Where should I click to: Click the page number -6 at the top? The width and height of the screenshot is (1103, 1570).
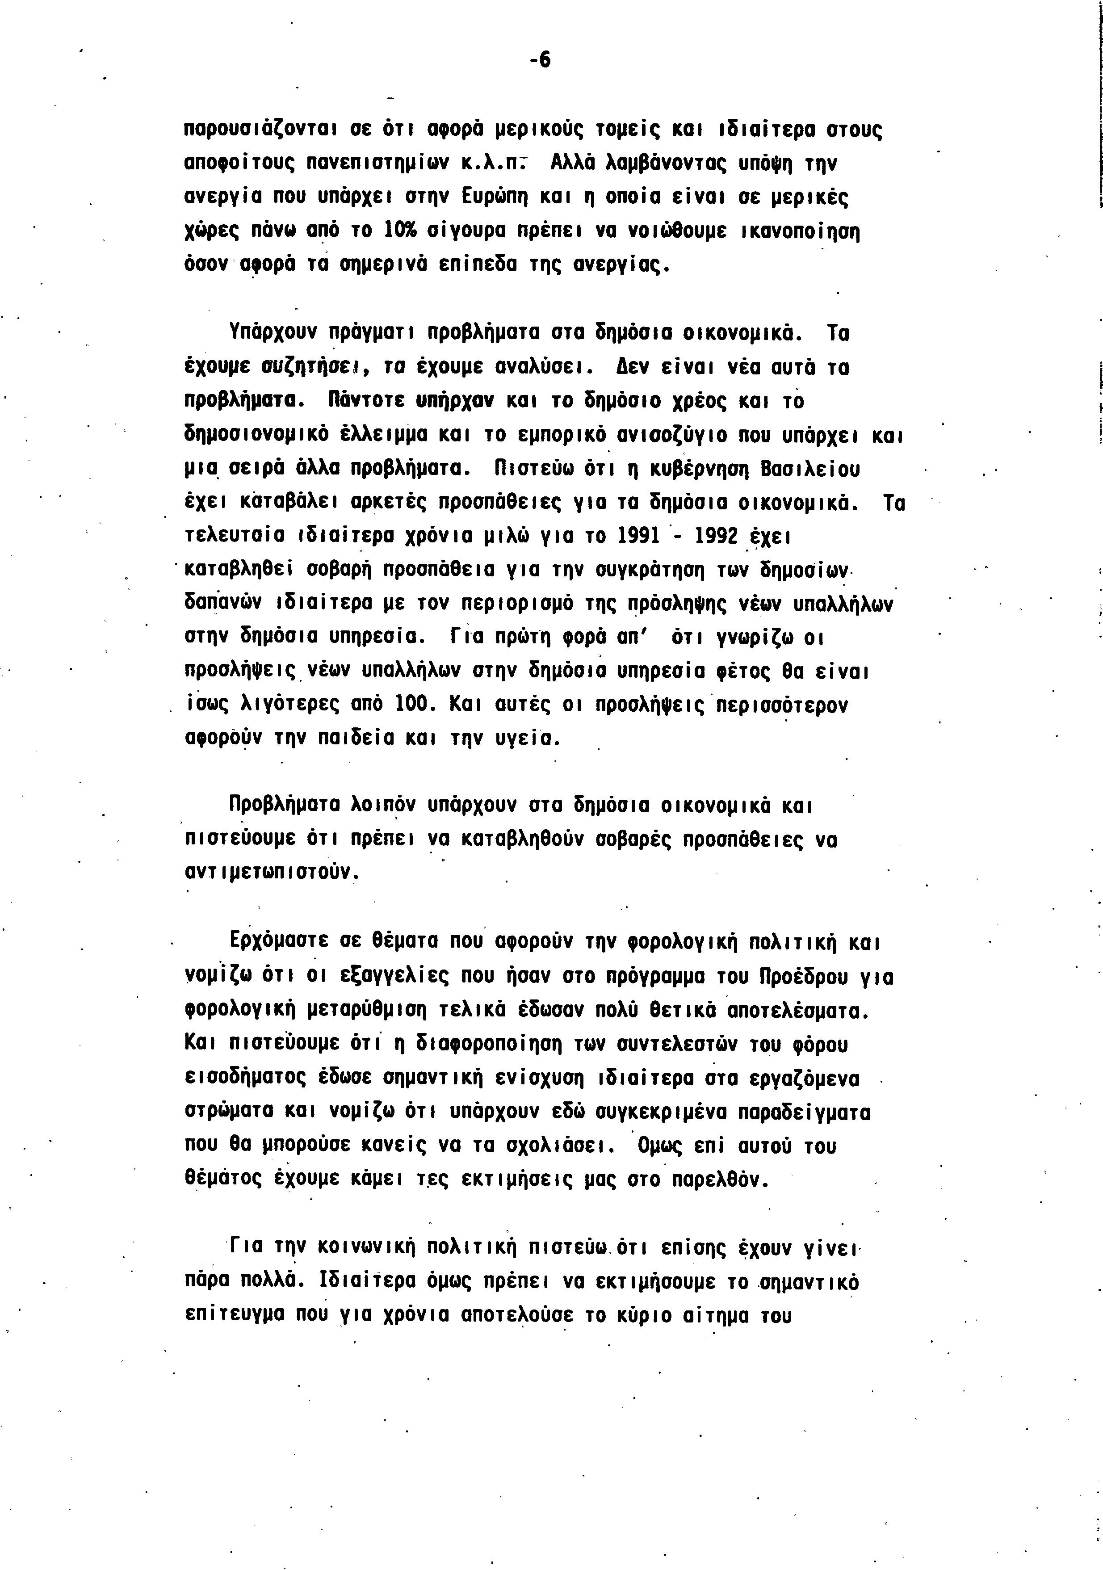[540, 61]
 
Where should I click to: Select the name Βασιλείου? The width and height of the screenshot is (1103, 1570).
[810, 469]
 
